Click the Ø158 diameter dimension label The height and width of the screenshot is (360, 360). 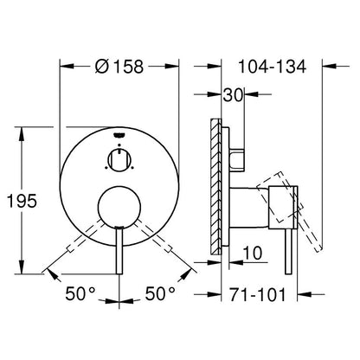[x=119, y=67]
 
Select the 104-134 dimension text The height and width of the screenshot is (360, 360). [x=272, y=67]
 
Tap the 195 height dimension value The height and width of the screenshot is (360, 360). [x=22, y=201]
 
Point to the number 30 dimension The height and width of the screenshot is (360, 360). [x=233, y=95]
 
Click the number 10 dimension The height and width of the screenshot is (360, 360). [x=253, y=253]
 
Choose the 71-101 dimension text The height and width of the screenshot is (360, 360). [x=258, y=295]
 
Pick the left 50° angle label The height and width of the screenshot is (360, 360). [x=80, y=293]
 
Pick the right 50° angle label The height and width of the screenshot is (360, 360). [x=160, y=293]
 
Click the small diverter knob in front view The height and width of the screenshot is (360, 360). [x=119, y=160]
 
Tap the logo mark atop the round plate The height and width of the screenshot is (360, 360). [x=119, y=135]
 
